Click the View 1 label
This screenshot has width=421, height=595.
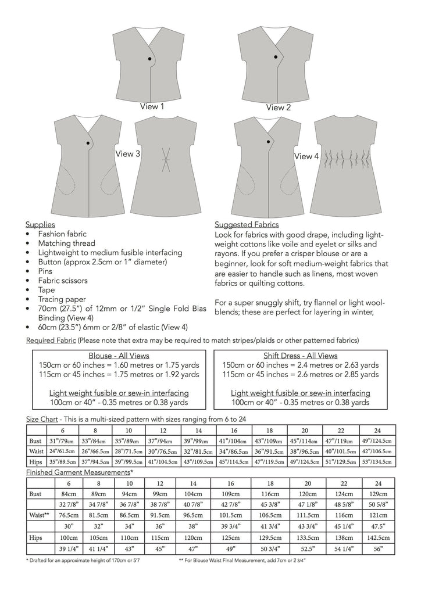tap(152, 107)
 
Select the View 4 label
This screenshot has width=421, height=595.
tap(306, 156)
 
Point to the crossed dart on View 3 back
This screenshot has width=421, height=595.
tap(165, 159)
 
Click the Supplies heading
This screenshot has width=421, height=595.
tap(41, 224)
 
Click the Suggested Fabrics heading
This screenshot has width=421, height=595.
tap(247, 224)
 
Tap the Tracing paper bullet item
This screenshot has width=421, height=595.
tap(60, 299)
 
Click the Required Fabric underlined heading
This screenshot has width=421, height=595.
tap(51, 340)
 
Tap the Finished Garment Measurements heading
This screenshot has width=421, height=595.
tap(80, 473)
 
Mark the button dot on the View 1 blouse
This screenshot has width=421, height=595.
tap(150, 59)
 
